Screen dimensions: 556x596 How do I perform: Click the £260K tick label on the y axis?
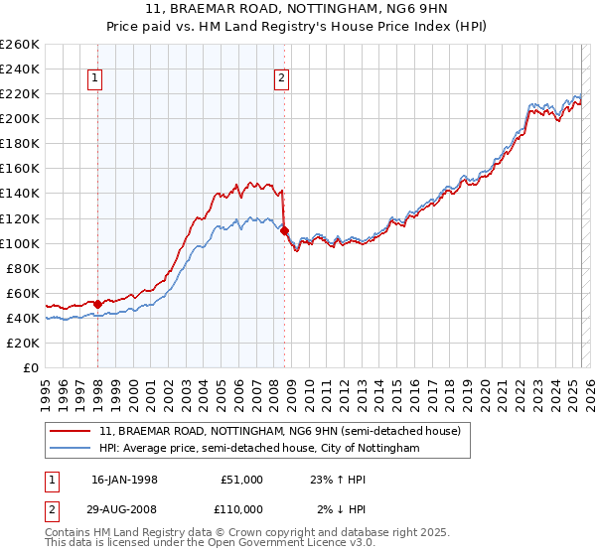tap(20, 44)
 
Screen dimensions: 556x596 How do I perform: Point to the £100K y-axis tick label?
tap(20, 243)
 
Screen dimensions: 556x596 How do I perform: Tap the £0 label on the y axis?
tap(32, 367)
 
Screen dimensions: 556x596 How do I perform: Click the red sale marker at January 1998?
tap(97, 304)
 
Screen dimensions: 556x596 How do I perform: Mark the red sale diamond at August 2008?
tap(285, 230)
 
